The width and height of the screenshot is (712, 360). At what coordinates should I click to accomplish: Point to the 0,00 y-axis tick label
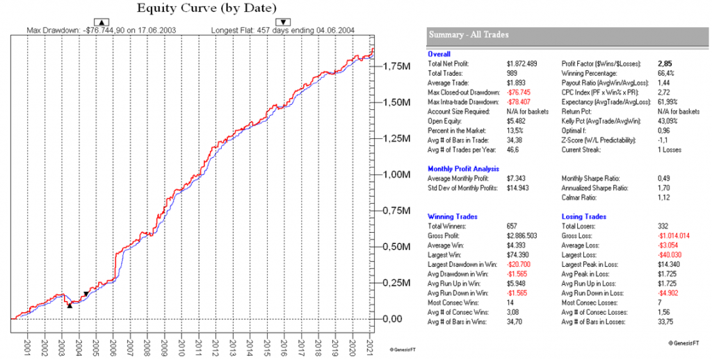point(394,318)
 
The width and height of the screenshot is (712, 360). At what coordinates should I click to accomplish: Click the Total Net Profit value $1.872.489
point(523,63)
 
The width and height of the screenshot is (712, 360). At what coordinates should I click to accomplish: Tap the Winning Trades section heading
point(451,217)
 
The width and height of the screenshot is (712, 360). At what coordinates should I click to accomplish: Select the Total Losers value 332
point(663,226)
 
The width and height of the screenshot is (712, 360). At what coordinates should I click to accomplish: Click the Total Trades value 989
point(513,72)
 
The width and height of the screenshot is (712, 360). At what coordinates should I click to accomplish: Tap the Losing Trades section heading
point(583,217)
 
